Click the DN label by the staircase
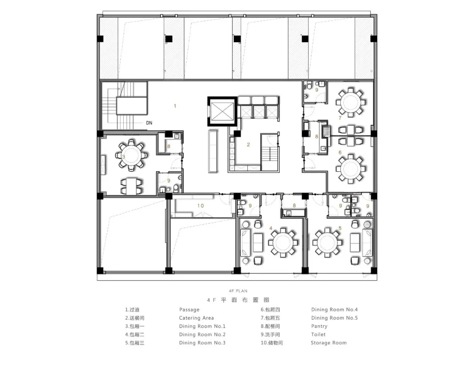149,123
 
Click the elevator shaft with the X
222,111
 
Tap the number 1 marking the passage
175,106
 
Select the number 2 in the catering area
248,145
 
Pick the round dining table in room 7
350,102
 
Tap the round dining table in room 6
350,168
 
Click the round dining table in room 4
283,242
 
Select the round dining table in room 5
328,242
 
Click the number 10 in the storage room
201,206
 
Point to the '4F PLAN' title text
238,291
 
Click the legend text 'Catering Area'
196,318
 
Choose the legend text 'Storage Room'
328,343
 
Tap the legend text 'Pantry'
319,326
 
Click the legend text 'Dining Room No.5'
334,318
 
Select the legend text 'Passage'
189,310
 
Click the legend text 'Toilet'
319,334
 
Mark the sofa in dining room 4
245,242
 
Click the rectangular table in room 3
131,186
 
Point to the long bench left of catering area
213,151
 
